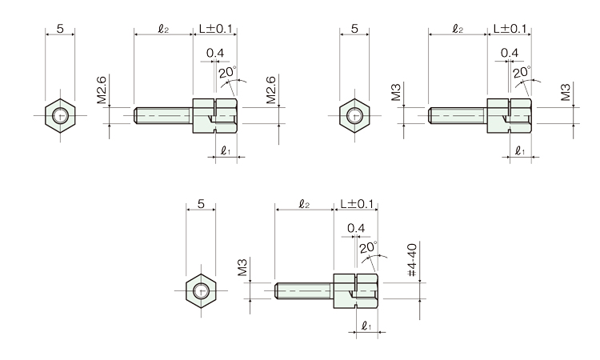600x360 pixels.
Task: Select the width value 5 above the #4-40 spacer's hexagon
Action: (x=201, y=205)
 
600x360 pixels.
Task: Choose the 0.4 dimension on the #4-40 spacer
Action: (x=356, y=228)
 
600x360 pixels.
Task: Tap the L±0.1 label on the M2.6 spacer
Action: (x=217, y=29)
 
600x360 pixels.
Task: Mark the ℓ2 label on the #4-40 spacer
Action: (x=303, y=204)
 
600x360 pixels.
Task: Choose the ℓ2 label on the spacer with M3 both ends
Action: (x=457, y=29)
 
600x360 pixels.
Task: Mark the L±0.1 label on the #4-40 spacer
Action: (x=357, y=204)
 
